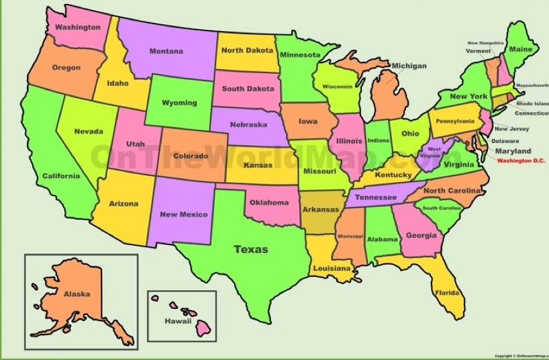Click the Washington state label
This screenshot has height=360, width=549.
click(78, 28)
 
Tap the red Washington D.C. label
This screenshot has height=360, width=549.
click(520, 161)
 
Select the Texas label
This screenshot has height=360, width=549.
click(251, 249)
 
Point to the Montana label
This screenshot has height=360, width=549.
click(166, 52)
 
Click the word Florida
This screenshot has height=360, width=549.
click(447, 294)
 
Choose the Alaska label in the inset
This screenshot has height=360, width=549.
click(77, 294)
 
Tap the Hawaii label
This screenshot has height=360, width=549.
click(178, 321)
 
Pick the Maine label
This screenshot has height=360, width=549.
click(520, 49)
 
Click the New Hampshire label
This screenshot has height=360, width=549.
click(486, 43)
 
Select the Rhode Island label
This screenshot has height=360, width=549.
click(532, 104)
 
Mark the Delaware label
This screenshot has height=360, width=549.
click(505, 141)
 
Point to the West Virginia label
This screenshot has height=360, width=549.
click(434, 152)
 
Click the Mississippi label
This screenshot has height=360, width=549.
click(350, 236)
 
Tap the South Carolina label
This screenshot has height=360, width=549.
click(441, 208)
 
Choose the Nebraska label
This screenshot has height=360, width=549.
click(248, 125)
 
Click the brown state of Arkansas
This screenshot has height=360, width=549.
click(320, 210)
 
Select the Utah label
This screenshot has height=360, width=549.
click(136, 144)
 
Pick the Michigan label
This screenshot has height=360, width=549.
click(409, 66)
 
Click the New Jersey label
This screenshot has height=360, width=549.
click(511, 129)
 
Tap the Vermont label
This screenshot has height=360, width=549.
click(479, 51)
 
